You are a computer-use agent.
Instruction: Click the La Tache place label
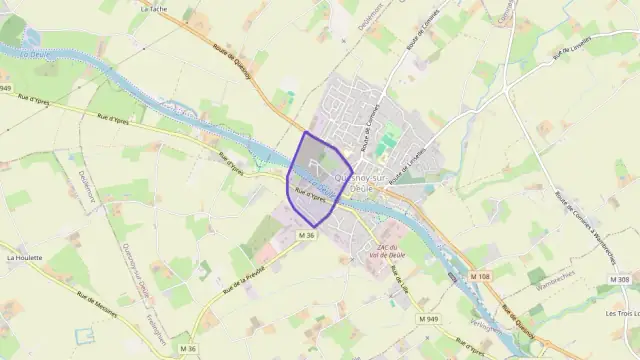pyautogui.click(x=155, y=7)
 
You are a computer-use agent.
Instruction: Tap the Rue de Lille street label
pyautogui.click(x=403, y=270)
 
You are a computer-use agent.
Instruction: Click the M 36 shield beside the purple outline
pyautogui.click(x=306, y=235)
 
